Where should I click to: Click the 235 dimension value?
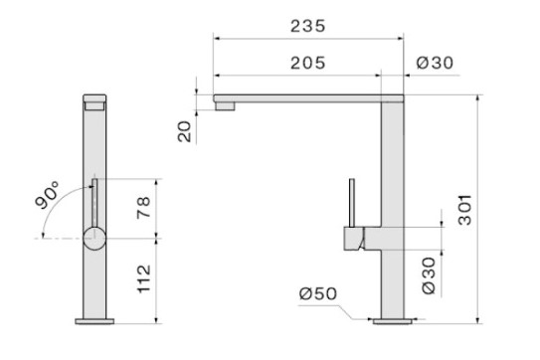point(307,26)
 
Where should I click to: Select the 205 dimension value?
point(307,63)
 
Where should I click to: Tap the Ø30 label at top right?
point(435,63)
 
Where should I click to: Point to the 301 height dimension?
point(464,210)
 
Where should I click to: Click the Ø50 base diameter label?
point(318,293)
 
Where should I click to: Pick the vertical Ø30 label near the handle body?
point(429,275)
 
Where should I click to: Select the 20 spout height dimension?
point(185,131)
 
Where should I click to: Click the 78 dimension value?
point(143,208)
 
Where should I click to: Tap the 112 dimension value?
point(144,279)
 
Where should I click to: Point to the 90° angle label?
point(47,195)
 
